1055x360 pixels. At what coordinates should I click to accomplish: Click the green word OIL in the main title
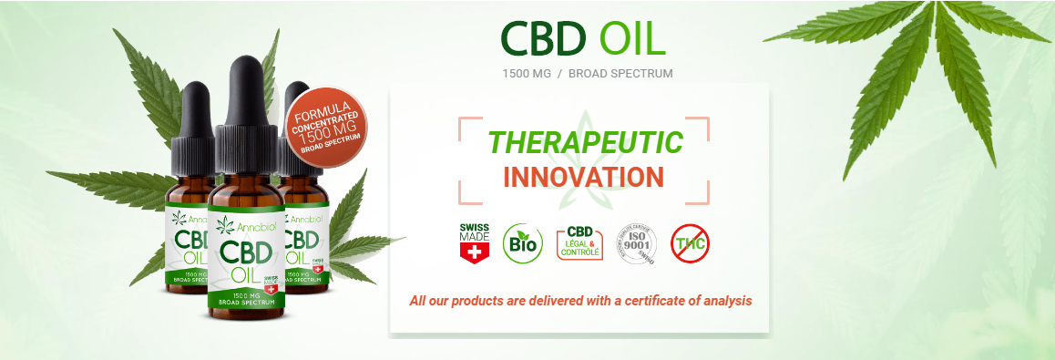pyautogui.click(x=631, y=38)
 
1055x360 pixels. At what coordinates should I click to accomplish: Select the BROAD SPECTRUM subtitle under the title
pyautogui.click(x=620, y=73)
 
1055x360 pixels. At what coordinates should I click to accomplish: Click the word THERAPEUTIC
pyautogui.click(x=584, y=143)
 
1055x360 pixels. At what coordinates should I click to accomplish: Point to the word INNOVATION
pyautogui.click(x=583, y=176)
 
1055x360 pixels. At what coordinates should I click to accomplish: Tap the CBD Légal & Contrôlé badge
pyautogui.click(x=579, y=242)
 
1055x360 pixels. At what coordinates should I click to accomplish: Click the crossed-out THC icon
pyautogui.click(x=691, y=242)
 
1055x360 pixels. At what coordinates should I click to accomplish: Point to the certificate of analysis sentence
pyautogui.click(x=580, y=300)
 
